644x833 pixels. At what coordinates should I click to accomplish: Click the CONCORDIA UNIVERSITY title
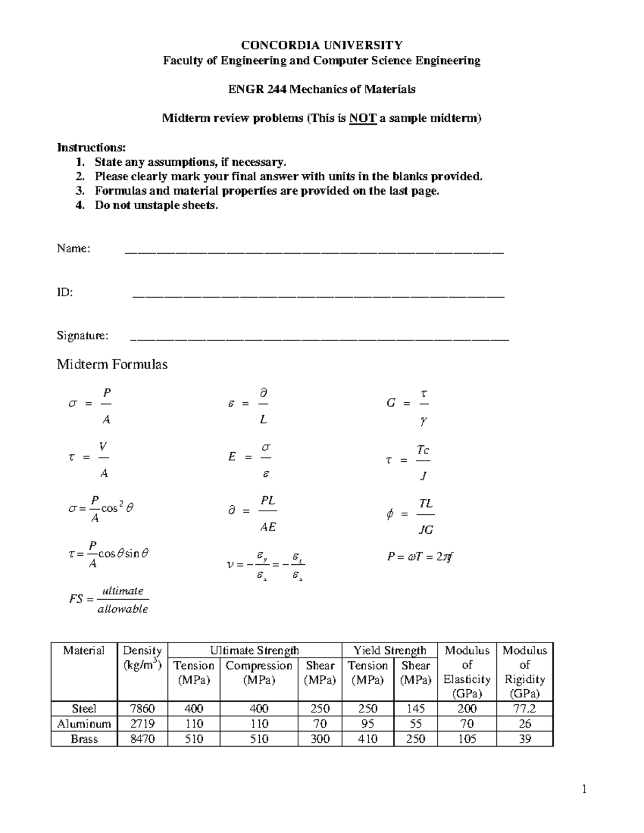click(321, 45)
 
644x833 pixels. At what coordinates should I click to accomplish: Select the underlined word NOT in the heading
click(363, 119)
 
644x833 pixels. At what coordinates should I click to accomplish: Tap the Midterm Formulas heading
click(112, 365)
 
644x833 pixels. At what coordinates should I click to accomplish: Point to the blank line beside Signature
click(319, 338)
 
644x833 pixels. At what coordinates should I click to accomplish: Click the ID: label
click(65, 292)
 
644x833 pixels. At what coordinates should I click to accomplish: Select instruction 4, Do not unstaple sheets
click(156, 205)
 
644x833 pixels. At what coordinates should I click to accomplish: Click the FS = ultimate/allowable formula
click(109, 600)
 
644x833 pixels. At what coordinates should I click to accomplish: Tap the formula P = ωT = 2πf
click(421, 557)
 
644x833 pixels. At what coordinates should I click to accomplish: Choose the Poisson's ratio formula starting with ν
click(266, 565)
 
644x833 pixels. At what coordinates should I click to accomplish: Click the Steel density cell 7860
click(142, 709)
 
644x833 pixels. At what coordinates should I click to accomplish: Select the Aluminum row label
click(84, 724)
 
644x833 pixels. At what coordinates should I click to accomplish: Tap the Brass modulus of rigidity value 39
click(524, 739)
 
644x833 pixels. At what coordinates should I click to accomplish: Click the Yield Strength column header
click(390, 651)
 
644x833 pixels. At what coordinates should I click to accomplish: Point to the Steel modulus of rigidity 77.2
click(524, 709)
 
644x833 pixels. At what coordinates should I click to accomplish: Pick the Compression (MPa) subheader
click(259, 673)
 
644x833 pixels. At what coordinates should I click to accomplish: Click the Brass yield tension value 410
click(368, 739)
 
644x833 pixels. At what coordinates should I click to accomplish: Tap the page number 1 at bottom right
click(584, 789)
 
